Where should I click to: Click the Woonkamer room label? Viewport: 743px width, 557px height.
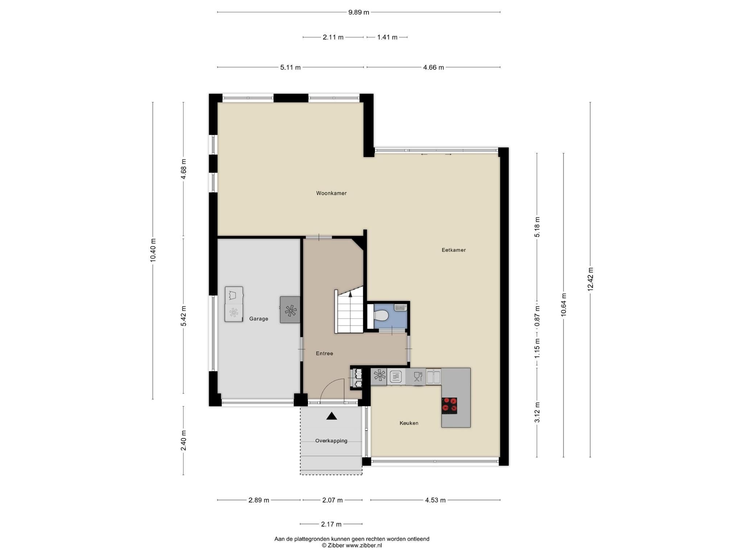pos(331,193)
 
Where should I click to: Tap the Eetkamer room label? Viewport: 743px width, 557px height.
pos(453,250)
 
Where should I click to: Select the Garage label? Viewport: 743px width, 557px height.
pos(259,319)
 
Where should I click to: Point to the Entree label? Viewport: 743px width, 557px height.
pos(324,354)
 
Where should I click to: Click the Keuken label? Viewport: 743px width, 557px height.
pos(409,423)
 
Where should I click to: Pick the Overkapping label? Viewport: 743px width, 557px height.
pos(331,441)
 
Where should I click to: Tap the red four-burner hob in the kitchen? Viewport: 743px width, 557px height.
pos(449,405)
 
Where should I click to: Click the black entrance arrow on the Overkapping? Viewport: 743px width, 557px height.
pos(332,416)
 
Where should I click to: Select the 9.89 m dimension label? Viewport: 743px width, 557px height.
pos(359,12)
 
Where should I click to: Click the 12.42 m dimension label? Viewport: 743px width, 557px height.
pos(590,279)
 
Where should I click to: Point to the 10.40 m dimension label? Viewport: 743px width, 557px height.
pos(153,251)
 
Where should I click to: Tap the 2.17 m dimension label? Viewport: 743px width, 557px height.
pos(331,524)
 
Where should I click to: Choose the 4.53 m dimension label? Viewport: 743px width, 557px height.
pos(435,500)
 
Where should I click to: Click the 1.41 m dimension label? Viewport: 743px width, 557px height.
pos(387,37)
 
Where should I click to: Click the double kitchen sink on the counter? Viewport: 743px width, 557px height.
pos(434,376)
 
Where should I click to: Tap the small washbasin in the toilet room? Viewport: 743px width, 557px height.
pos(401,308)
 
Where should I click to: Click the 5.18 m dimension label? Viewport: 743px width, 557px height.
pos(537,227)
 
